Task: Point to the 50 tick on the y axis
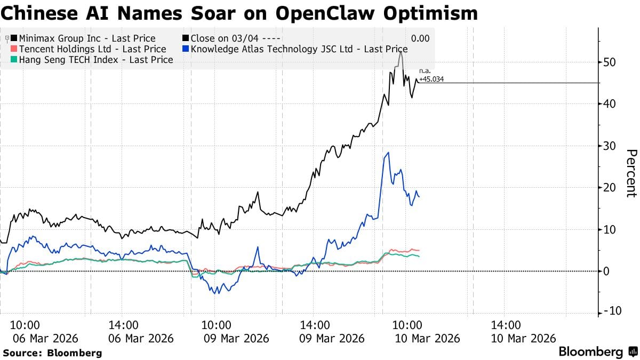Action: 610,62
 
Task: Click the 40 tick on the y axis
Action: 610,104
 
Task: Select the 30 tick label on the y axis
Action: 610,146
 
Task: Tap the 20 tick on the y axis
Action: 610,188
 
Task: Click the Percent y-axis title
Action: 631,173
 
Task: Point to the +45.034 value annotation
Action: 431,79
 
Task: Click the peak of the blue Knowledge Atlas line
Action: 388,153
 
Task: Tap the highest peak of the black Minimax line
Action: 401,52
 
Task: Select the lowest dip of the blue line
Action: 215,293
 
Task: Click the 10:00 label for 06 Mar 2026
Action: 25,325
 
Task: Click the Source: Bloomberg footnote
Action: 52,353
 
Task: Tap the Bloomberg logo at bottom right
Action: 597,352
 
